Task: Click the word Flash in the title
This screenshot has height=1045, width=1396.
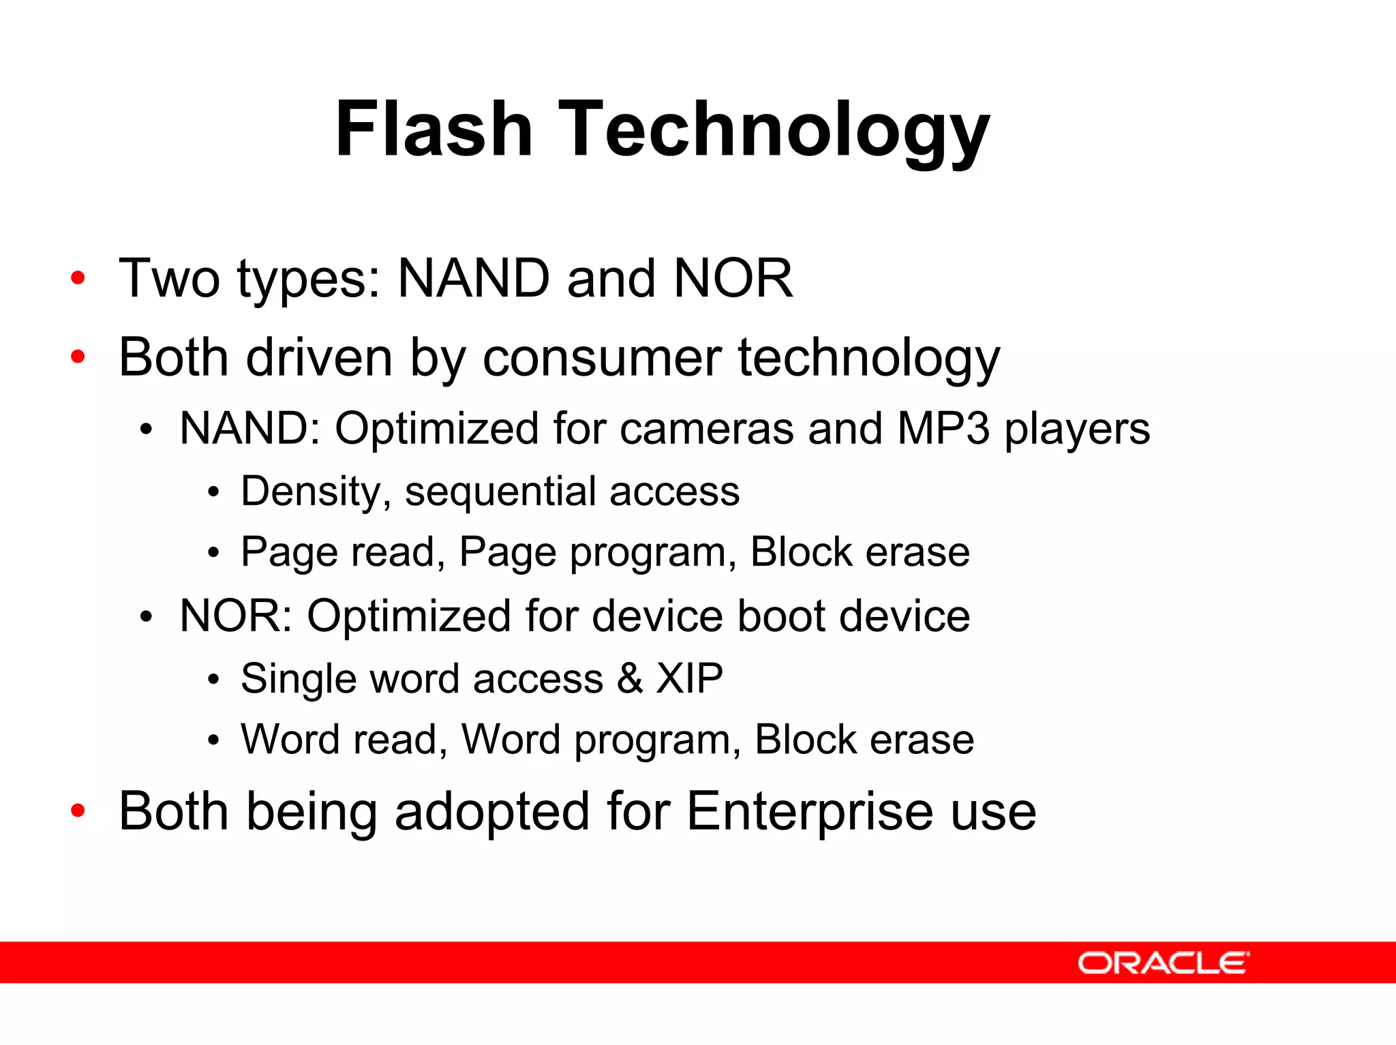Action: [x=434, y=130]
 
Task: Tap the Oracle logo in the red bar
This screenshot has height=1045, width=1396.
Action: [x=1163, y=963]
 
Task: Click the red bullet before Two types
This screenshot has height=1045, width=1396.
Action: [x=78, y=278]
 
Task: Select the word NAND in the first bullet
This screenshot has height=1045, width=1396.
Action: [x=473, y=278]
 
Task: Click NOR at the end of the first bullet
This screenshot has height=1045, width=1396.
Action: [x=733, y=278]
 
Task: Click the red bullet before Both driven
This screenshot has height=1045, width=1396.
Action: [x=78, y=357]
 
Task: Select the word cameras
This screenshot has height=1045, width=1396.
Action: [x=707, y=429]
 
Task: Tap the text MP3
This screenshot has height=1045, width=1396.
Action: [x=943, y=429]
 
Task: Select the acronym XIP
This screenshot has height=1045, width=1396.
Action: [x=689, y=679]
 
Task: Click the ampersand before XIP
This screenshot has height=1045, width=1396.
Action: [x=630, y=679]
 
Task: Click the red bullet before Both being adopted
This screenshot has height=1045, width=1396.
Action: [x=78, y=811]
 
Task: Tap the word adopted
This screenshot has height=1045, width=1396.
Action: [x=491, y=811]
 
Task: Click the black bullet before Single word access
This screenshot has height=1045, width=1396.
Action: [x=213, y=680]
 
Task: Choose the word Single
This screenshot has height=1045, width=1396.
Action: [x=299, y=679]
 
